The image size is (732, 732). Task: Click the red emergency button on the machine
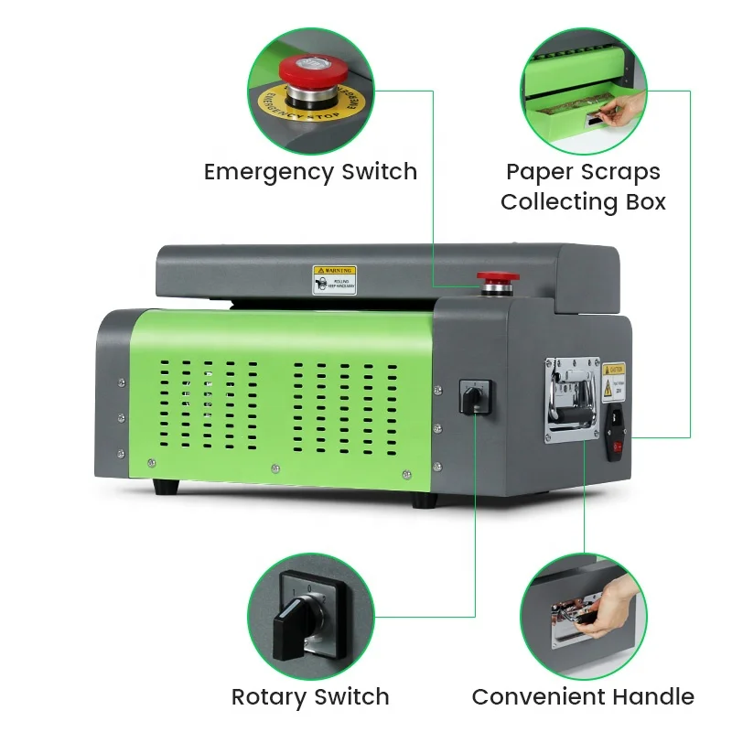[493, 277]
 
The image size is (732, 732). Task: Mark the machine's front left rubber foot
[165, 486]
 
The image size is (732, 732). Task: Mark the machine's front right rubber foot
[424, 501]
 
